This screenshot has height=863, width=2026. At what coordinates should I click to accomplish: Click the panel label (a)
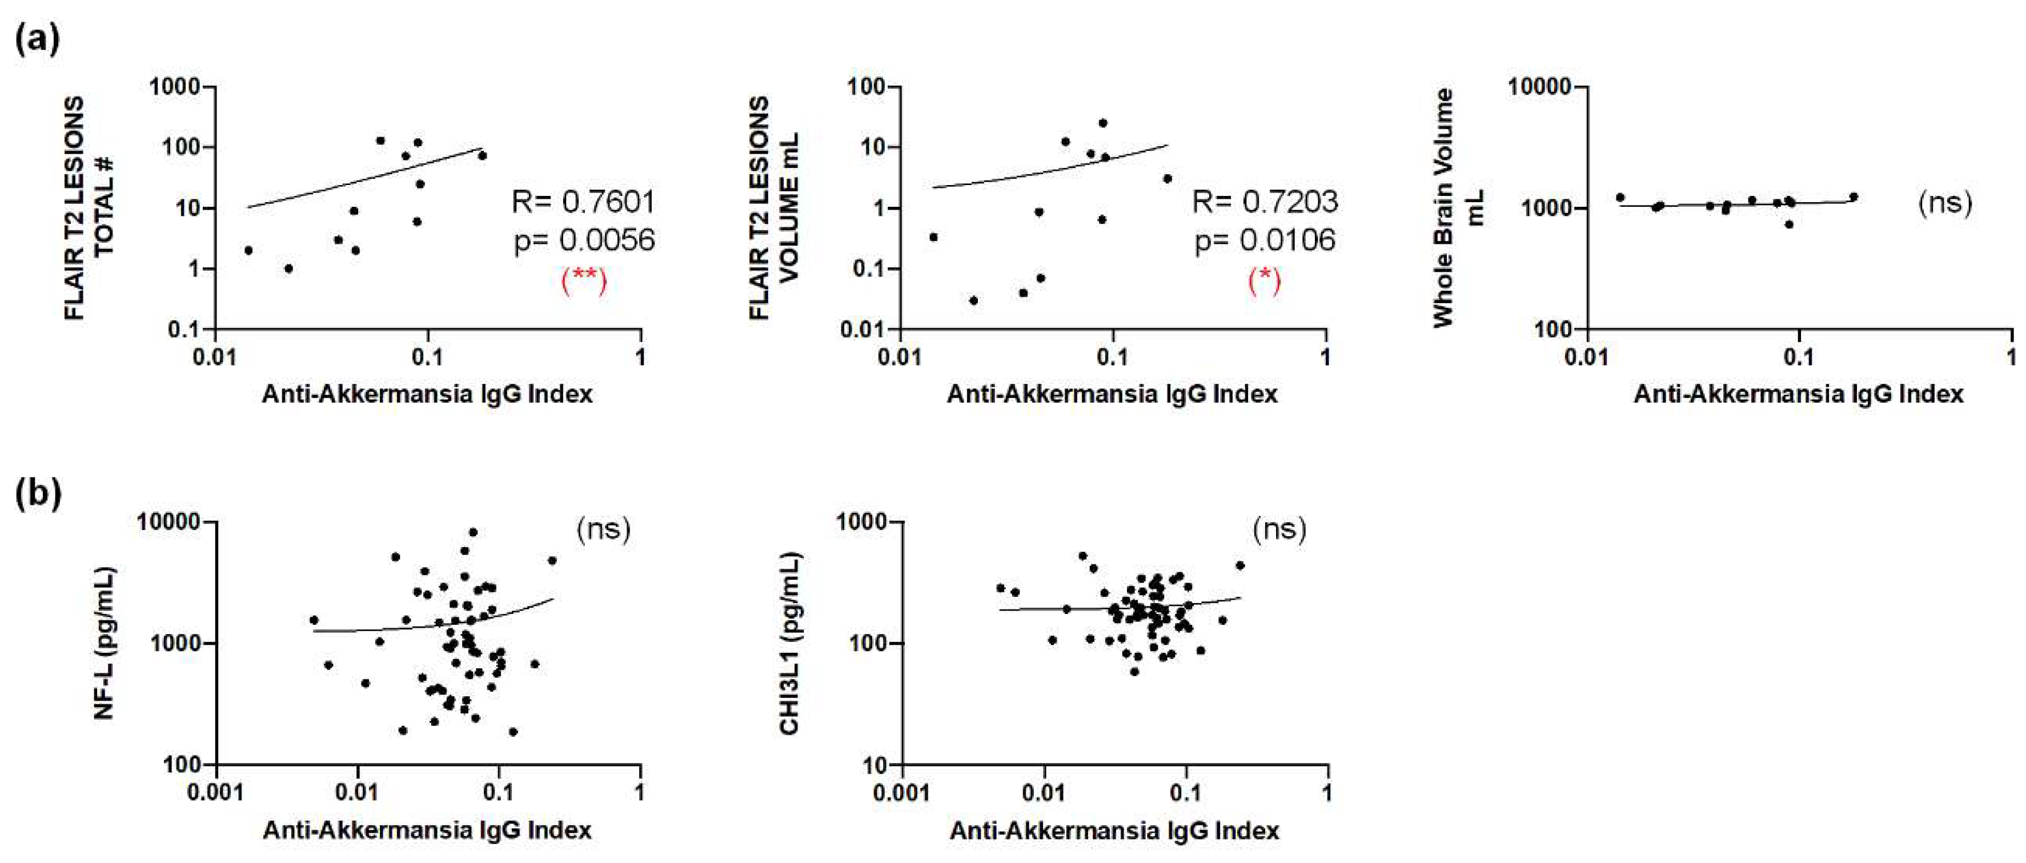(37, 38)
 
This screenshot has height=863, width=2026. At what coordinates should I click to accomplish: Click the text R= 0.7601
(583, 202)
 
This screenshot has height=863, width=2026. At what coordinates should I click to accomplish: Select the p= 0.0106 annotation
(1265, 240)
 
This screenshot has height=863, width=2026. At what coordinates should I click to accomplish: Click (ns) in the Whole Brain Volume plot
(1945, 202)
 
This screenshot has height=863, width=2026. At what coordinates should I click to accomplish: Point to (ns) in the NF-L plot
(603, 529)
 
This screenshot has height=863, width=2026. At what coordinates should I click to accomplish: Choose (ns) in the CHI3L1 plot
(1279, 529)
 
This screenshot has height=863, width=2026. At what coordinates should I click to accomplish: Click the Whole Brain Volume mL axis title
(1457, 208)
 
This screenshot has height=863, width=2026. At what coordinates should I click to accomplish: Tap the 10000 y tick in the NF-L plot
(169, 521)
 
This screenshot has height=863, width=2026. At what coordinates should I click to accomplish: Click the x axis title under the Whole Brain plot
(1798, 394)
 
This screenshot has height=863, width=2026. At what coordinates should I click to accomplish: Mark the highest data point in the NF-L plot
(473, 532)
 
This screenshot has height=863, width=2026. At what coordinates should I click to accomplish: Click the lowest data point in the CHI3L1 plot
(1134, 671)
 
